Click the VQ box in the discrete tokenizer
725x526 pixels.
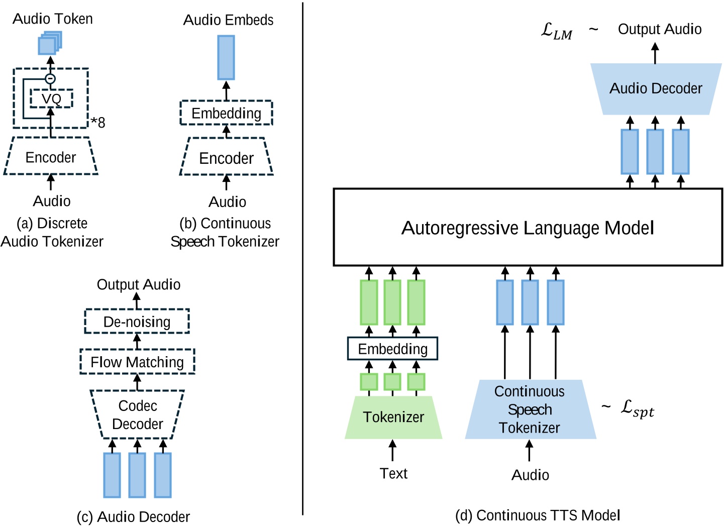click(x=51, y=98)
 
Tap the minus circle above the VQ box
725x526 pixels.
click(x=50, y=79)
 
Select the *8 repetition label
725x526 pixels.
click(x=98, y=122)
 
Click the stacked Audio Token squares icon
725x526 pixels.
click(x=49, y=43)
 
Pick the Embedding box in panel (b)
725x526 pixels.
click(x=226, y=113)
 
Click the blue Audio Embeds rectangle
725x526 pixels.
click(x=226, y=57)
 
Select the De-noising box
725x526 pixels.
click(x=137, y=322)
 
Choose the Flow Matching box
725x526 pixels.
click(x=137, y=362)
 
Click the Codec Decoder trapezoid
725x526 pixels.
click(x=137, y=414)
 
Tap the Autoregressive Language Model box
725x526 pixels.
click(x=528, y=228)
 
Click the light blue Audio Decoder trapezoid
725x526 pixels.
click(x=656, y=89)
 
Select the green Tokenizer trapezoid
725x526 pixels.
click(x=393, y=417)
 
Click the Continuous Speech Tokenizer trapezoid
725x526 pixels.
click(x=530, y=409)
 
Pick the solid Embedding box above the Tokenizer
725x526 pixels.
click(x=392, y=349)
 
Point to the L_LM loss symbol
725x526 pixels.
click(x=556, y=31)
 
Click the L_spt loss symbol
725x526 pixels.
click(x=637, y=408)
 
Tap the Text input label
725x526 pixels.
click(x=393, y=473)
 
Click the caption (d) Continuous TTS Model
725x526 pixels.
click(x=538, y=515)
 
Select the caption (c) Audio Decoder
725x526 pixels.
click(x=133, y=516)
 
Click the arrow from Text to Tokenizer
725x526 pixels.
click(x=392, y=450)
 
